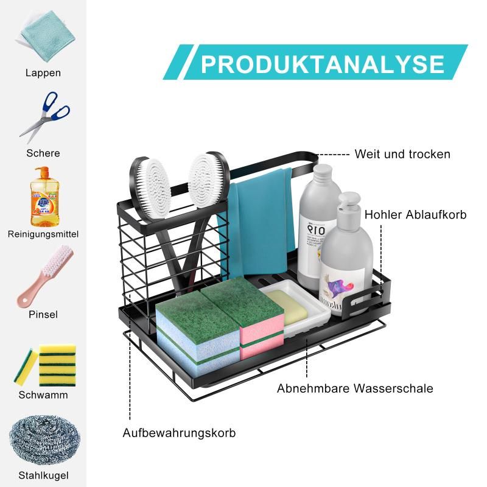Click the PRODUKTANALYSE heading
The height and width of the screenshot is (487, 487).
click(323, 64)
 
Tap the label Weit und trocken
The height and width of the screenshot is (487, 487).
click(402, 154)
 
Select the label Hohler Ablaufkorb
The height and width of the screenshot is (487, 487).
click(415, 215)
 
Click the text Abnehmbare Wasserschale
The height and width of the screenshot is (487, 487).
click(355, 388)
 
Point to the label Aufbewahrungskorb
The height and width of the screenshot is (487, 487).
click(179, 433)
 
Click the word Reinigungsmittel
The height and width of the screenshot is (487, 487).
click(43, 234)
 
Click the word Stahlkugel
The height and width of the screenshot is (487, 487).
click(43, 475)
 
